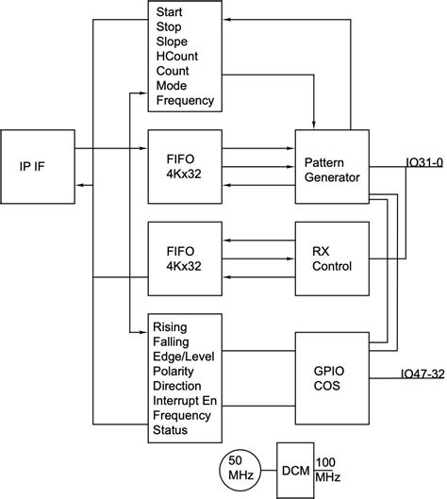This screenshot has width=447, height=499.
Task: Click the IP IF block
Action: pyautogui.click(x=39, y=166)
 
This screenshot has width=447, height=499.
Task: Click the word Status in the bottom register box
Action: pyautogui.click(x=172, y=430)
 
